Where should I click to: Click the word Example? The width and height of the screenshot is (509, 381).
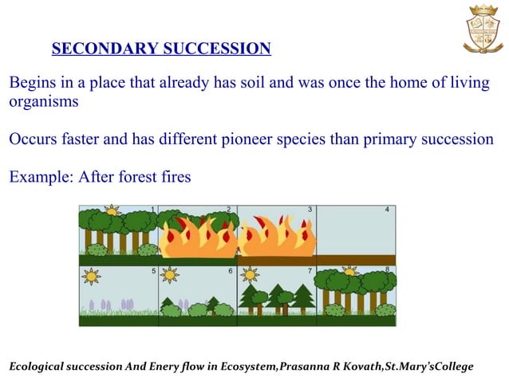tap(38, 176)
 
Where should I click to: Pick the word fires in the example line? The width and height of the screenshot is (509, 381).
tap(172, 176)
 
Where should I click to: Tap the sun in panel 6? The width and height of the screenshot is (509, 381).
tap(169, 275)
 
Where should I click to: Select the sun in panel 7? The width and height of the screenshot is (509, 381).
tap(251, 275)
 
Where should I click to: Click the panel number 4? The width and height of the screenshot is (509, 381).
tap(388, 210)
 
